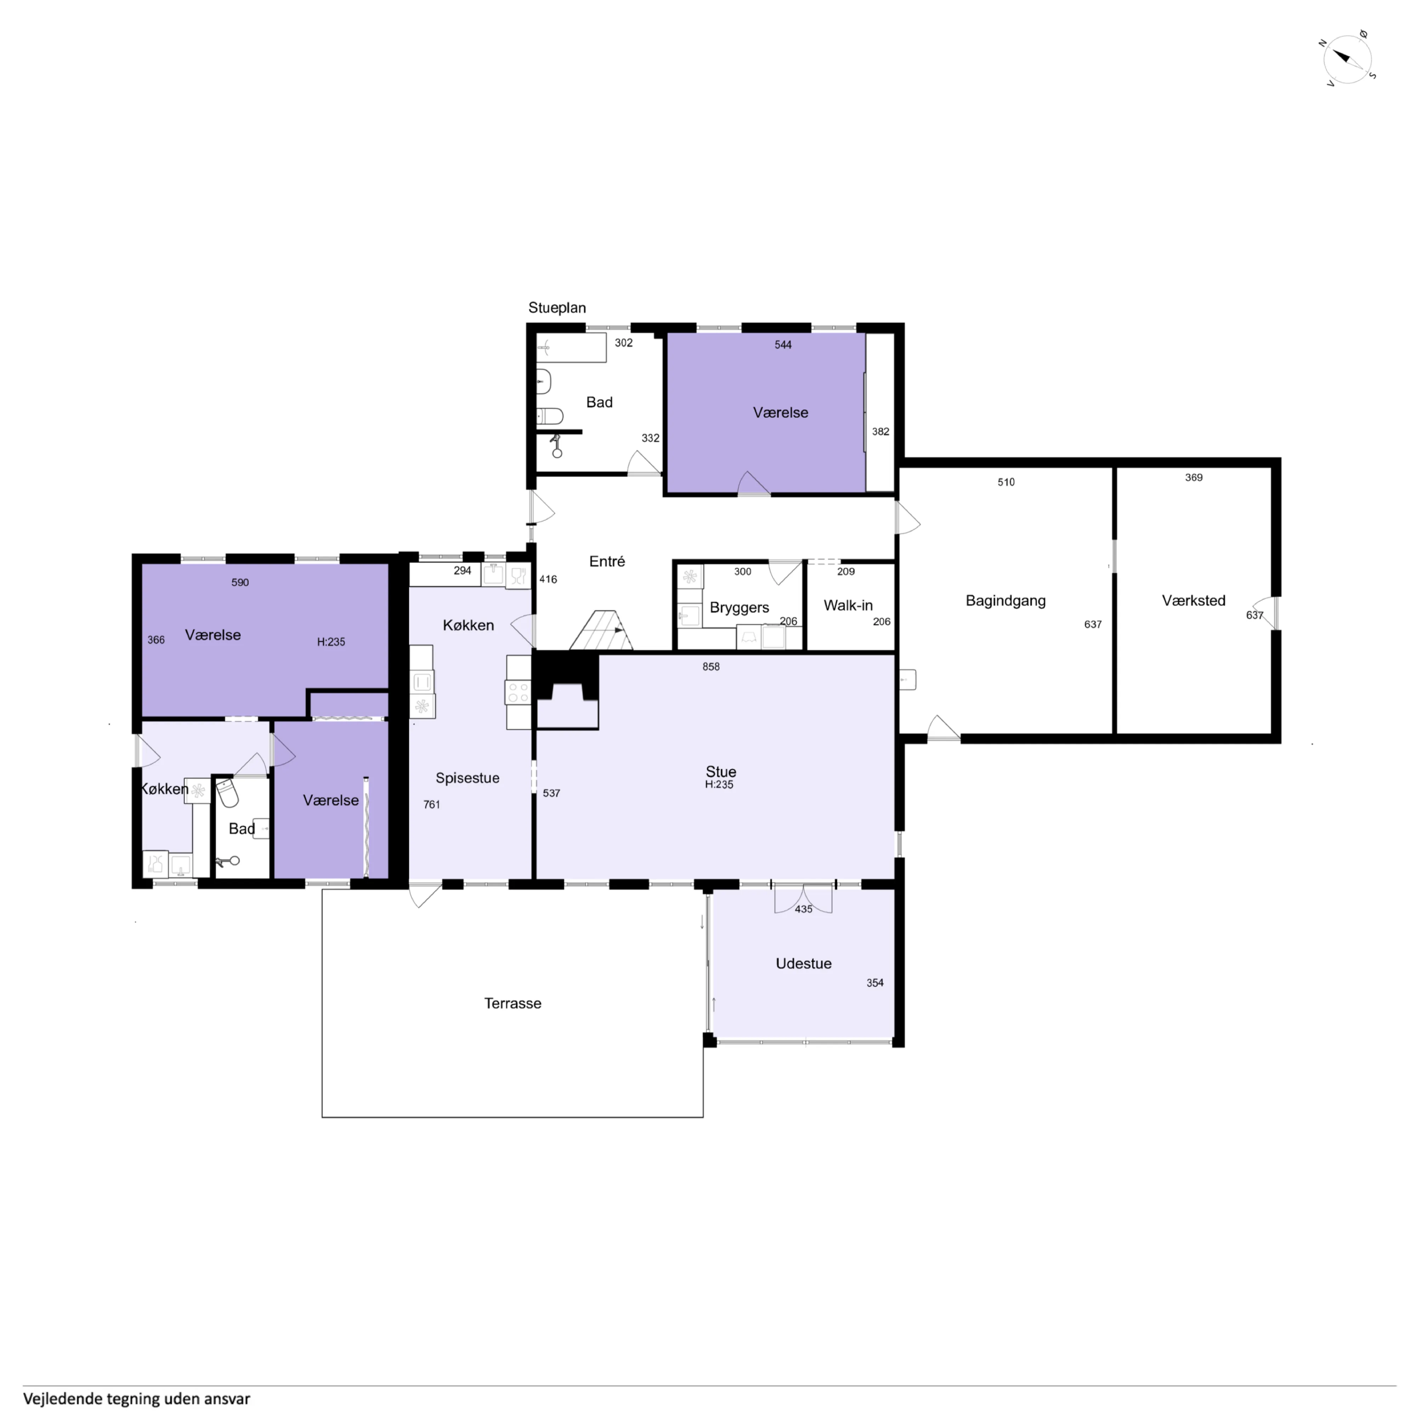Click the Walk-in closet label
coord(848,605)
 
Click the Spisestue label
coord(467,778)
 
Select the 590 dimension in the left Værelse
coord(240,582)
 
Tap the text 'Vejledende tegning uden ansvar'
coord(137,1398)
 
